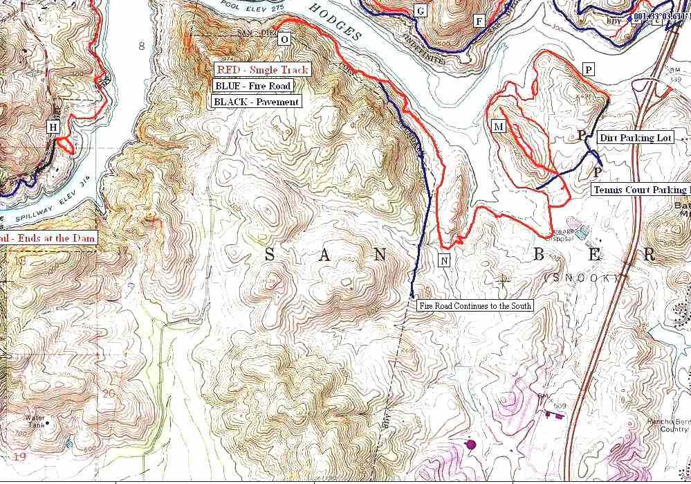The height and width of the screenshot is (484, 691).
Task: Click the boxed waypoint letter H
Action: tap(54, 127)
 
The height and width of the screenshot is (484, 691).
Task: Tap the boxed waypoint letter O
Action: tap(284, 39)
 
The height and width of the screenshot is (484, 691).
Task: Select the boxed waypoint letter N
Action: tap(445, 260)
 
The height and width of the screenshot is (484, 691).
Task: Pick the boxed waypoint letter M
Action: tap(498, 127)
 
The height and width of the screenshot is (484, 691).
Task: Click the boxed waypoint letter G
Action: tap(419, 10)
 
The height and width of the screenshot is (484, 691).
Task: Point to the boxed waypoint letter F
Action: tap(479, 21)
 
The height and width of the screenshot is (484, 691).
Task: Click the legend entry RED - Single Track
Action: tap(261, 70)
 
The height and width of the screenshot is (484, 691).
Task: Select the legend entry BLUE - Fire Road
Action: tap(252, 86)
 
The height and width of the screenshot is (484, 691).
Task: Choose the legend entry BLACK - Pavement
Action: tap(257, 102)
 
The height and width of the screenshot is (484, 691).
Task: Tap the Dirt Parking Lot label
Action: tap(636, 138)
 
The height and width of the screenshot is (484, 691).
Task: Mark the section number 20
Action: tap(109, 393)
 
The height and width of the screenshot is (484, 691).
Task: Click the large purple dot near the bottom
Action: tap(471, 443)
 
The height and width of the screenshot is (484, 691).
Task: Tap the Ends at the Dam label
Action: tap(48, 238)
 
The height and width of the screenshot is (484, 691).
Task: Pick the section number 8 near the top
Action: tap(141, 46)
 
